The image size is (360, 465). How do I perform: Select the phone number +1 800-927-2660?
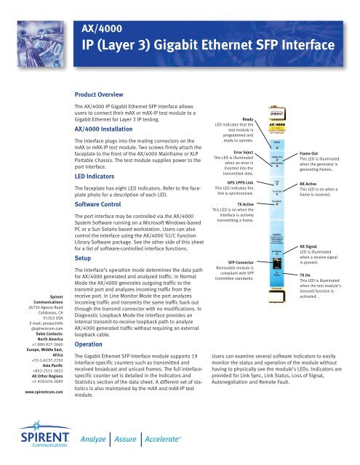31,305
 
